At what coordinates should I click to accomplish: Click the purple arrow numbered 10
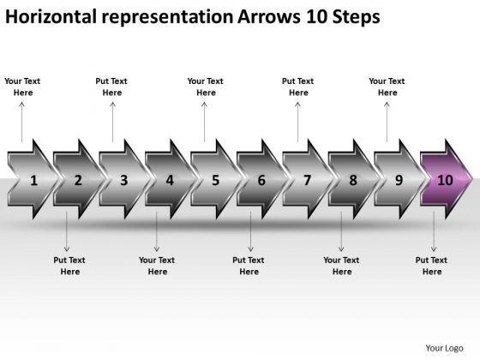[x=447, y=179]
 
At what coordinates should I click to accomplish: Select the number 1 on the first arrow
[x=33, y=180]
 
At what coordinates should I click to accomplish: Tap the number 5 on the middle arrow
[x=216, y=180]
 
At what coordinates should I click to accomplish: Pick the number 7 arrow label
[x=308, y=180]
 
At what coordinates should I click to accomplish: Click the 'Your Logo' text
[x=444, y=348]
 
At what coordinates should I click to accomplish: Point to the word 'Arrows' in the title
[x=269, y=16]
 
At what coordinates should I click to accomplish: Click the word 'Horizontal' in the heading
[x=51, y=16]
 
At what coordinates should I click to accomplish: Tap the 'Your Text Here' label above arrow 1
[x=22, y=87]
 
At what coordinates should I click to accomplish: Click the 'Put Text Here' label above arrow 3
[x=111, y=87]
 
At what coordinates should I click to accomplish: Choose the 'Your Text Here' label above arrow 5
[x=206, y=87]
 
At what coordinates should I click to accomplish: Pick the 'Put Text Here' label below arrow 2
[x=69, y=266]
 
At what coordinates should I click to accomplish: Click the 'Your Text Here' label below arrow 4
[x=157, y=266]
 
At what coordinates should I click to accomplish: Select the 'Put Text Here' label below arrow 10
[x=431, y=266]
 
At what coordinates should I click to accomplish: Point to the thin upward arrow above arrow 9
[x=387, y=122]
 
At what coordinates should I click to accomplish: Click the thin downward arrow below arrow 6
[x=250, y=231]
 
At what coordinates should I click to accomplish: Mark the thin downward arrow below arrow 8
[x=341, y=231]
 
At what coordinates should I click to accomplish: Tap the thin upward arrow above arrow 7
[x=297, y=122]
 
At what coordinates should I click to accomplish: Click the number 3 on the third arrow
[x=124, y=180]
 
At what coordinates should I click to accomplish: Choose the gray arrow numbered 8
[x=353, y=179]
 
